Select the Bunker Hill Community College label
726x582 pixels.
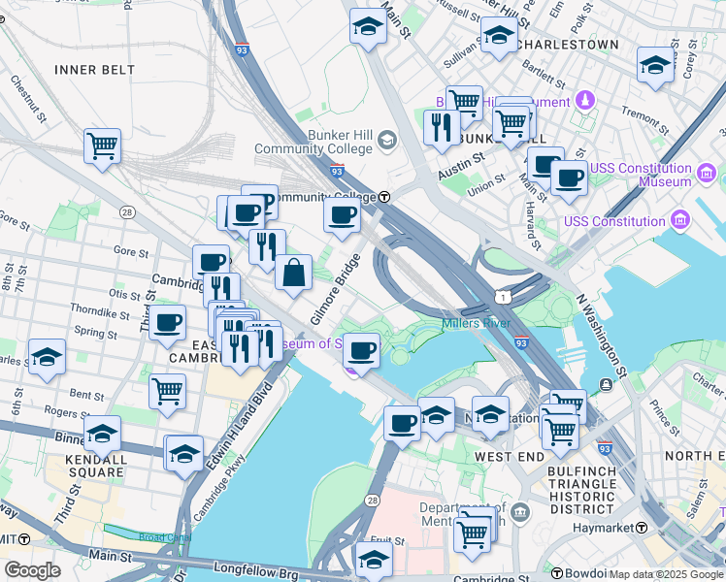tap(313, 143)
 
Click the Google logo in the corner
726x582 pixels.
tap(32, 570)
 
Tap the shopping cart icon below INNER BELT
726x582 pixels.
tap(102, 146)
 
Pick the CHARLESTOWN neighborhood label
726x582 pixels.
tap(568, 45)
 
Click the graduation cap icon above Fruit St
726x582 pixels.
tap(374, 558)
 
